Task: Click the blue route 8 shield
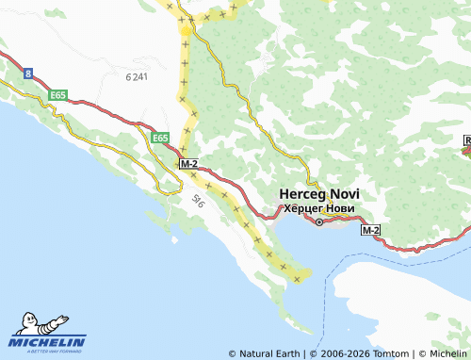coord(29,73)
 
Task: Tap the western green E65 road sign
coord(58,95)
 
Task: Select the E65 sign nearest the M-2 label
coord(159,138)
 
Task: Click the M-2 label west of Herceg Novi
coord(187,164)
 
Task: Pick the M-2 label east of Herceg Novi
coord(370,229)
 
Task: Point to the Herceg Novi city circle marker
coord(318,222)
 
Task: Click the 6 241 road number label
coord(137,76)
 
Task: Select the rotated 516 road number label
coord(198,200)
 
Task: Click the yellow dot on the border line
coord(186,29)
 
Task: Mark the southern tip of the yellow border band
coord(300,279)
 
